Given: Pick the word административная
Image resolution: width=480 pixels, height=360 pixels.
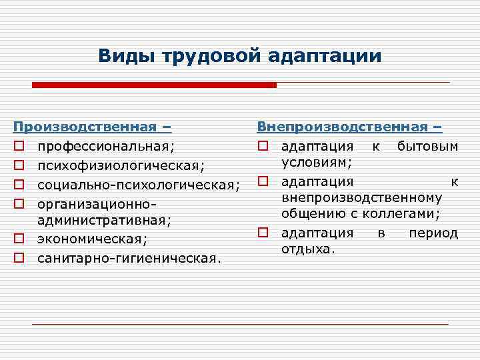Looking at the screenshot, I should coord(104,219).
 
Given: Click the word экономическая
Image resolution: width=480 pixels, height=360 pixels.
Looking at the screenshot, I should coord(93,238).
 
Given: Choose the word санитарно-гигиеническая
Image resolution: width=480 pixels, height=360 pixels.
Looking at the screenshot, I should coord(128,257).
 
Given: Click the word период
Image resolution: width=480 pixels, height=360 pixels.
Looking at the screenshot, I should coord(433,233).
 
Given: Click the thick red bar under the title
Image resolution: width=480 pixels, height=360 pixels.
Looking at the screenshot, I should coord(154,85).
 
